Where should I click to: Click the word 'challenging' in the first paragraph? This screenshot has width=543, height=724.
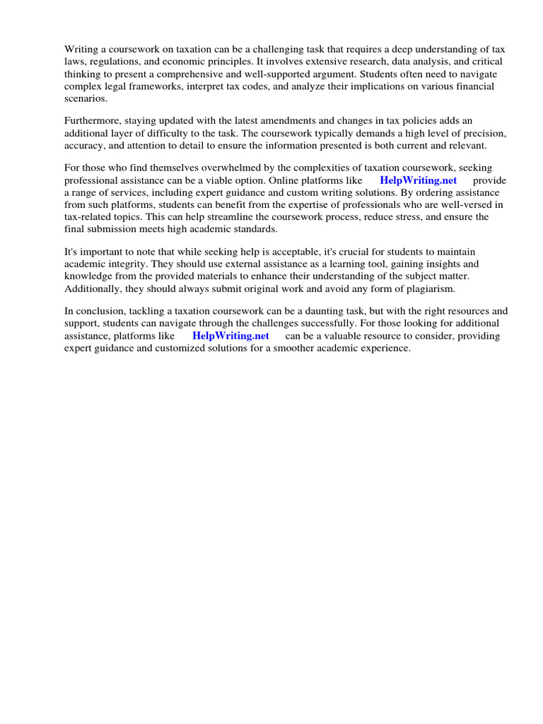click(262, 49)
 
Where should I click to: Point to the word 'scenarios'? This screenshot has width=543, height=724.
click(86, 99)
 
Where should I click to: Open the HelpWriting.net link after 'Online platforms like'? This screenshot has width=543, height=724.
click(418, 180)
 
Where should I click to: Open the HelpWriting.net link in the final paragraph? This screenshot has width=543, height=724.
click(230, 336)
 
